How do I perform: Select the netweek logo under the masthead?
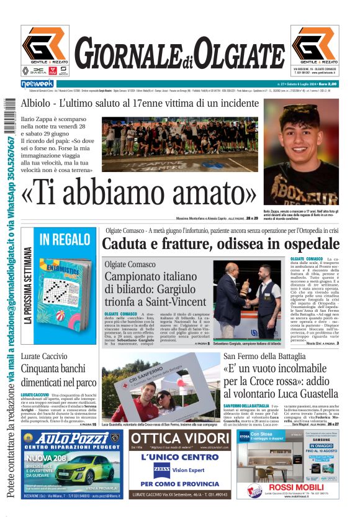click(x=38, y=83)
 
